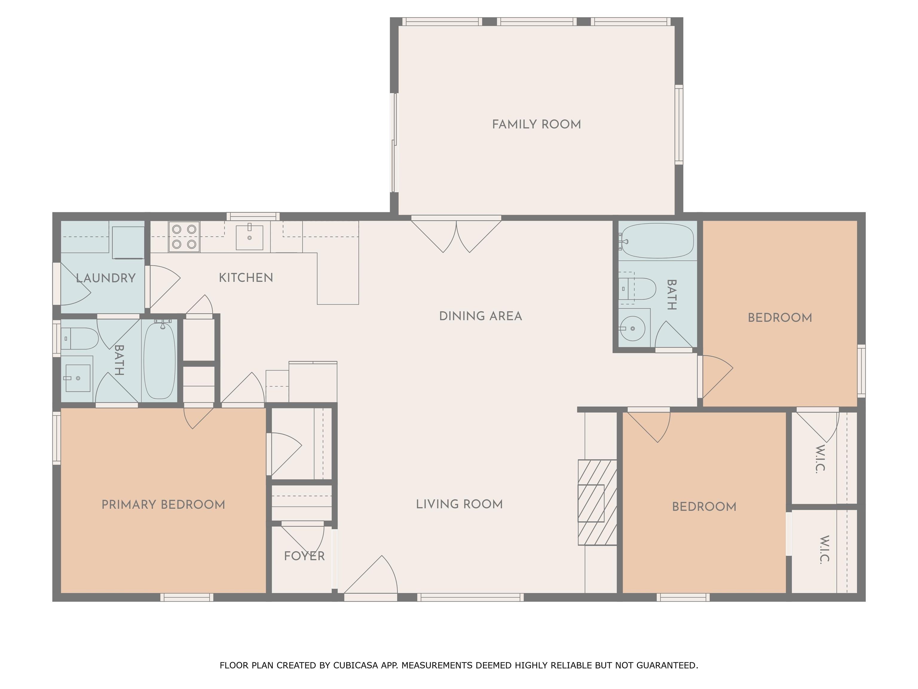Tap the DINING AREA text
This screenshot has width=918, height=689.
[481, 316]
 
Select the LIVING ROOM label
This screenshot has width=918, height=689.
[459, 504]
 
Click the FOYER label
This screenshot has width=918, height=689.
[304, 556]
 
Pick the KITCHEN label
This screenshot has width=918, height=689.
[246, 278]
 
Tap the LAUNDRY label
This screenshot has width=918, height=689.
[106, 278]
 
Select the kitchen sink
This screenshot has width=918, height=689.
[250, 237]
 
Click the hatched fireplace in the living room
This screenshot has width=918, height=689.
[597, 502]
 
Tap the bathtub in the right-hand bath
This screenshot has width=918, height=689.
[658, 241]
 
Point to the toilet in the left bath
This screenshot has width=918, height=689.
[80, 339]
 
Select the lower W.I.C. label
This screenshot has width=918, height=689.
[824, 549]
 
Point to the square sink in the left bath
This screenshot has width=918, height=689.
[78, 378]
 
